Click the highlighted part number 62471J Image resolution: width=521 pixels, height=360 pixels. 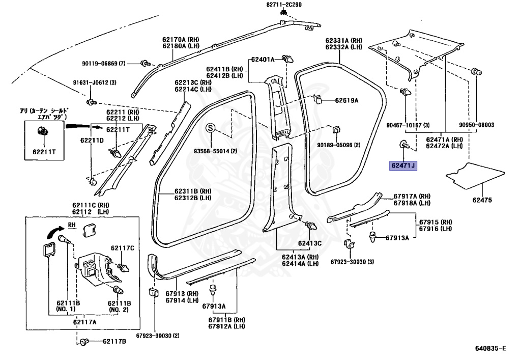[403, 165]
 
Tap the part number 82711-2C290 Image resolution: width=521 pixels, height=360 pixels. [284, 5]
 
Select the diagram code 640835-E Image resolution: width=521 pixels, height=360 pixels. [490, 348]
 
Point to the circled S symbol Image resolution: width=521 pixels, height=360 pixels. [210, 128]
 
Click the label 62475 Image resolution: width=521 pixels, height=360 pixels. [482, 200]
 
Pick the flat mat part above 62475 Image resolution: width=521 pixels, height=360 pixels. [475, 176]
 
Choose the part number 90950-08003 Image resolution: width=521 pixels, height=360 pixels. [476, 125]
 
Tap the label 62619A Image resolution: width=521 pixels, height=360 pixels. [346, 100]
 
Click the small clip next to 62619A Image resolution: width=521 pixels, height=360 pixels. [317, 99]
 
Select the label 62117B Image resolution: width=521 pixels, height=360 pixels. [114, 341]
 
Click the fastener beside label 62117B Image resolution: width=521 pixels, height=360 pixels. [84, 341]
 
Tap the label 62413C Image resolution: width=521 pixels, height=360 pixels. [310, 243]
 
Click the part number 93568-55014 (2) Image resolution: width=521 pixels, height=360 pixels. [215, 151]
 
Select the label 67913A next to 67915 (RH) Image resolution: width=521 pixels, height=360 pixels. [397, 238]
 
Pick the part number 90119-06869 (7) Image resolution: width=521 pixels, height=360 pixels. [104, 63]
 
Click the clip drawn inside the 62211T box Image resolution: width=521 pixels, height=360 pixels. [42, 132]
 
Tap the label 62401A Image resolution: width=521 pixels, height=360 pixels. [263, 60]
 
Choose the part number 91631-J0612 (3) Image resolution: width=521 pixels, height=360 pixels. [95, 82]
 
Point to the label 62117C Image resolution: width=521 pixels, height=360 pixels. [123, 248]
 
